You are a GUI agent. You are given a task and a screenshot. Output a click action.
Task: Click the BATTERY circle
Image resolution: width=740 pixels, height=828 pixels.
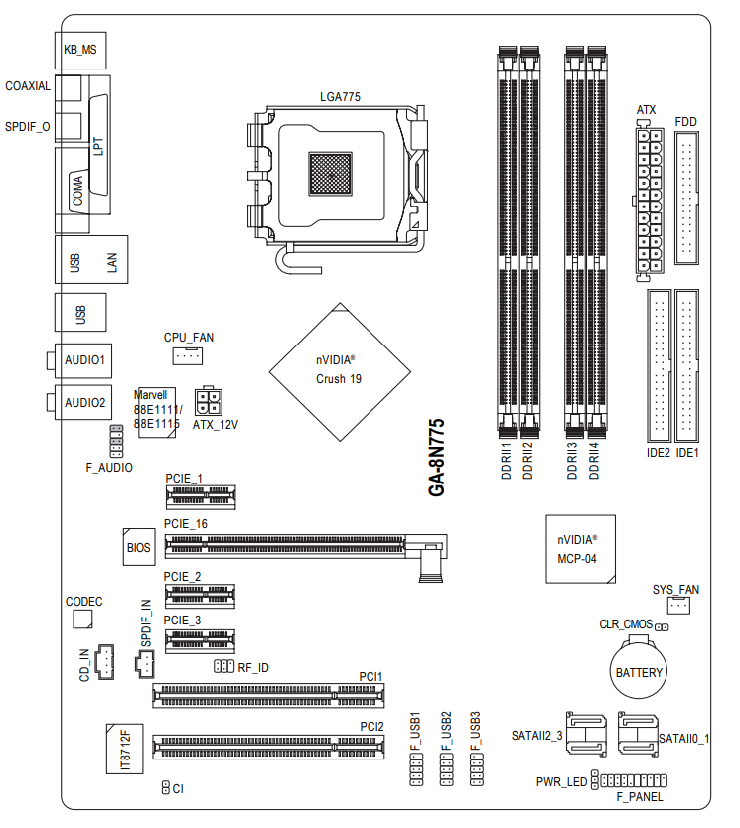(638, 672)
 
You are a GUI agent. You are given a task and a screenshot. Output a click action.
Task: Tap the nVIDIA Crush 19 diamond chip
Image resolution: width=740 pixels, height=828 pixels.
(340, 370)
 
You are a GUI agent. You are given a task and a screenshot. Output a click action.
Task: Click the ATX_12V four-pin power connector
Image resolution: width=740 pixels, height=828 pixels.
(208, 401)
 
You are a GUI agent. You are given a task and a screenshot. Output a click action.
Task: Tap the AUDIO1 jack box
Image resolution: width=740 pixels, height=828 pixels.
(84, 359)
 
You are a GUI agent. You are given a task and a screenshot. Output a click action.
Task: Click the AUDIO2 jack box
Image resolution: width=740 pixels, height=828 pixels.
(84, 402)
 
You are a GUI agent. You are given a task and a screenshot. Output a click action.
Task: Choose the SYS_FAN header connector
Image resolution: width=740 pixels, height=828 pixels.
(677, 606)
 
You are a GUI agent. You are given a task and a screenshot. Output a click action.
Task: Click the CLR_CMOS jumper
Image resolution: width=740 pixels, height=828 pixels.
(661, 626)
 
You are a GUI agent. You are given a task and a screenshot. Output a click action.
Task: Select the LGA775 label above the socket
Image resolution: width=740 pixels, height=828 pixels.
(339, 96)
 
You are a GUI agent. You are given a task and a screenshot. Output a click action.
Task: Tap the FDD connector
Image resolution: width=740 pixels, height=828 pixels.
(686, 200)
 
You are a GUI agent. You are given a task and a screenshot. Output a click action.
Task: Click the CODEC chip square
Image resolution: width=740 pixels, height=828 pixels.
(83, 619)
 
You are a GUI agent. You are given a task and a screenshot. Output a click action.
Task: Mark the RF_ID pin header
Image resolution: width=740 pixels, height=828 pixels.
(222, 667)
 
